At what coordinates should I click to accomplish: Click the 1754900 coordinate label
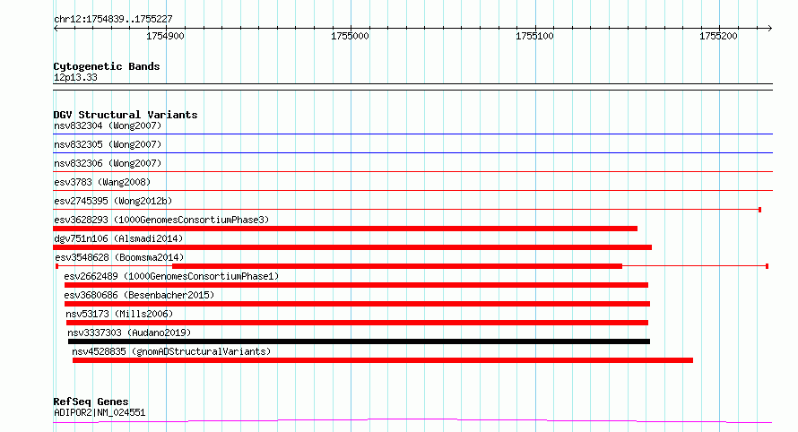165,36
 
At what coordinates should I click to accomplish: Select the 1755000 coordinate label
350,36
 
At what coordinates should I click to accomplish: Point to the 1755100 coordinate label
534,36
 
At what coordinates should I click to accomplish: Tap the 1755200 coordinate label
718,36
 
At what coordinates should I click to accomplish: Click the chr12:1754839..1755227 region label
114,20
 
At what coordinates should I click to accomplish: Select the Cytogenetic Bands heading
107,66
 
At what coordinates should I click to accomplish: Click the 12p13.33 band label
75,77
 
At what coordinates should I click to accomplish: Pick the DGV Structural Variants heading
126,115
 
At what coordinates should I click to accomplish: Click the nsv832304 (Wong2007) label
108,125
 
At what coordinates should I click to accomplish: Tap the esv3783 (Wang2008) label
102,182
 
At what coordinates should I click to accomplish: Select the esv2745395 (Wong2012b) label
113,201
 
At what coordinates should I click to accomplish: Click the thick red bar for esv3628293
345,229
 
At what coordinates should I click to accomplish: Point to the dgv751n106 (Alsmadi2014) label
118,238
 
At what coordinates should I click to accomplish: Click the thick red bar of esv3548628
397,266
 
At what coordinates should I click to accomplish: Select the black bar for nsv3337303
359,341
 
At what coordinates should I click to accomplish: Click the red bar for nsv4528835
383,360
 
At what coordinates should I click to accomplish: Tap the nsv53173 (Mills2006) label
119,314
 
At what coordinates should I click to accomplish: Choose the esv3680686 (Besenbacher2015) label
139,295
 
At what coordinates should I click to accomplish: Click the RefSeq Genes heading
91,402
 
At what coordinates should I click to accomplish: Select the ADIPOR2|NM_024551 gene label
100,412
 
